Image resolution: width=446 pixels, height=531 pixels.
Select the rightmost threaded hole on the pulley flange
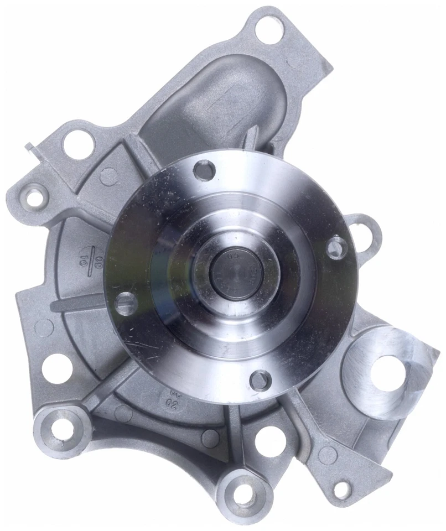pos(336,247)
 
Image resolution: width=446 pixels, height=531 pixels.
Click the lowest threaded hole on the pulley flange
pos(260,380)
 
